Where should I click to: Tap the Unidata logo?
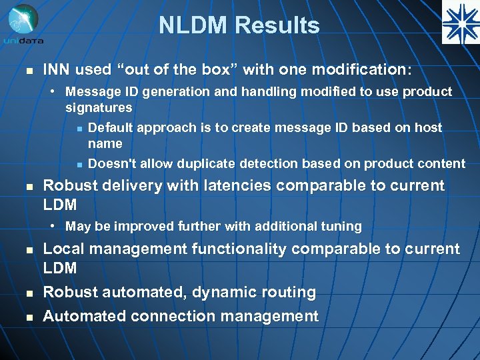click(23, 25)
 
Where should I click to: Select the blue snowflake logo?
click(460, 22)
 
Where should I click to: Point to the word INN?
click(57, 70)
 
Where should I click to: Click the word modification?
click(366, 70)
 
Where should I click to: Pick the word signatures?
click(99, 107)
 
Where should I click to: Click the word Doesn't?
click(112, 163)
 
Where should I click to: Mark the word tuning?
click(341, 226)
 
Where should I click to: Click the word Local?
click(63, 249)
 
